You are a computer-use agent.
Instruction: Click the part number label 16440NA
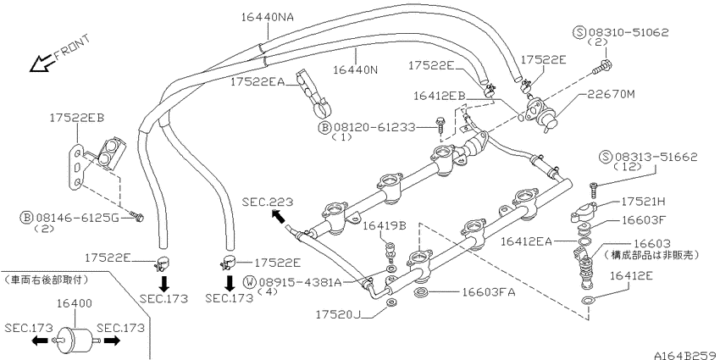tap(267, 18)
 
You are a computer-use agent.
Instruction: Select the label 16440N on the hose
tap(355, 69)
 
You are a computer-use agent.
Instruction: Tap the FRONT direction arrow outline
tap(41, 64)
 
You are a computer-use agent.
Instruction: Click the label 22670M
tap(611, 94)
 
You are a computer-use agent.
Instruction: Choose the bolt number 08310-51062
tap(629, 32)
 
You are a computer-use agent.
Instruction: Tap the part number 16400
tap(75, 303)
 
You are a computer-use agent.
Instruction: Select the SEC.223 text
tap(267, 202)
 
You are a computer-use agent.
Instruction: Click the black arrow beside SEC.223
tap(279, 216)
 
